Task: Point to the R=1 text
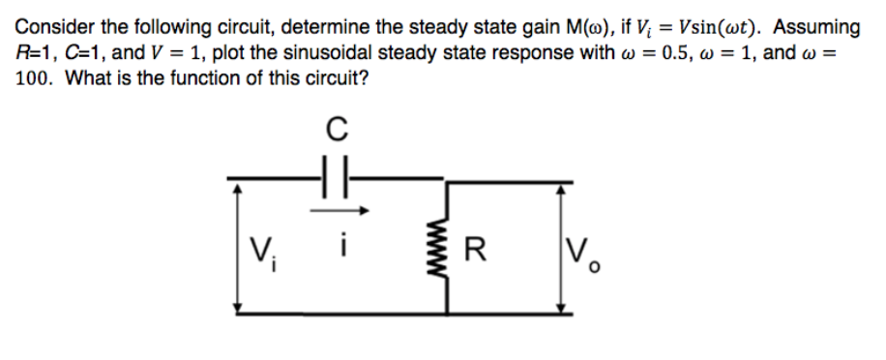(37, 53)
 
